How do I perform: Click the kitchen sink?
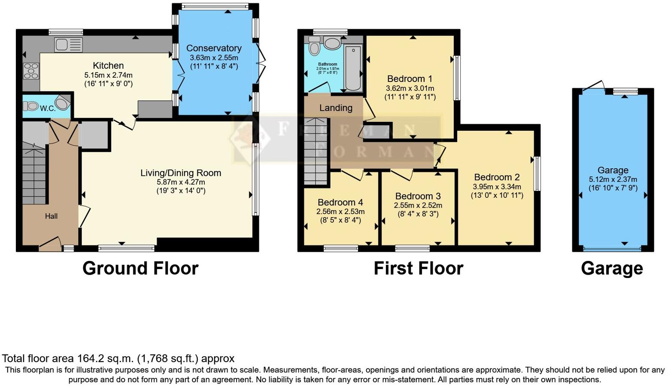68,44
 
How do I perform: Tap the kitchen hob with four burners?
31,71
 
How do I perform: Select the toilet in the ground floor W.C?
31,106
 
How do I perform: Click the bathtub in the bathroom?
353,69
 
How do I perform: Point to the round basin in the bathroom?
331,43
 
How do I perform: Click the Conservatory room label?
214,48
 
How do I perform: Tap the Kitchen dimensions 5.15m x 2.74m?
108,75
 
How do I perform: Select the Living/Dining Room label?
181,173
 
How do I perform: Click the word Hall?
51,216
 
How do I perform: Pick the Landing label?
336,108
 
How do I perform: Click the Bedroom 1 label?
410,79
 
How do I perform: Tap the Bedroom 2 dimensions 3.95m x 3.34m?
497,187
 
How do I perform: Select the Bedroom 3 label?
418,196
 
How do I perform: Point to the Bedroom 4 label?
340,202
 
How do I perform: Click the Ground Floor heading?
140,269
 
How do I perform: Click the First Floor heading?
418,269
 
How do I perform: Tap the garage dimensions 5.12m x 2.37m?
613,180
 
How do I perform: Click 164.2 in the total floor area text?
90,359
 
